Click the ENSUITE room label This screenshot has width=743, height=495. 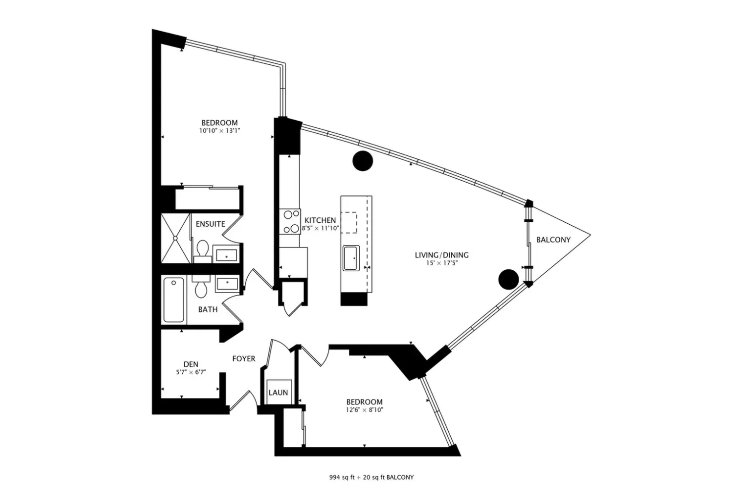pos(211,224)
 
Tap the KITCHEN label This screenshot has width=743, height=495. pos(320,220)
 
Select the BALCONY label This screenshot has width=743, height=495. pos(553,240)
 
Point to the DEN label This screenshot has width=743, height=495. pos(191,364)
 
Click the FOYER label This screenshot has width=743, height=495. pos(244,359)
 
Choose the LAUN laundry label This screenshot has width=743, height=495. pos(278,393)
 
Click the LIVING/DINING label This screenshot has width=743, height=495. pos(441,255)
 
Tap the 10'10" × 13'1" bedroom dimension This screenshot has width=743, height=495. pos(219,131)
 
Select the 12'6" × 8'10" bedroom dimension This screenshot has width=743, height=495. pos(365,410)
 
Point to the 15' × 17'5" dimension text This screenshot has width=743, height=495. pos(442,263)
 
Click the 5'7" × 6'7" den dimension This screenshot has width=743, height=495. pos(191,372)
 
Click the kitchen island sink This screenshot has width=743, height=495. pos(351,258)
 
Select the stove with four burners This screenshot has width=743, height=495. pos(290,222)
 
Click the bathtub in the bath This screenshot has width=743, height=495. pos(174,300)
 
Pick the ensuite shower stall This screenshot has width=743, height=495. pos(176,238)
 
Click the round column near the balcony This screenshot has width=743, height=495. pos(509,280)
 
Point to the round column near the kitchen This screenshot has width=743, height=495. pos(363,161)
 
